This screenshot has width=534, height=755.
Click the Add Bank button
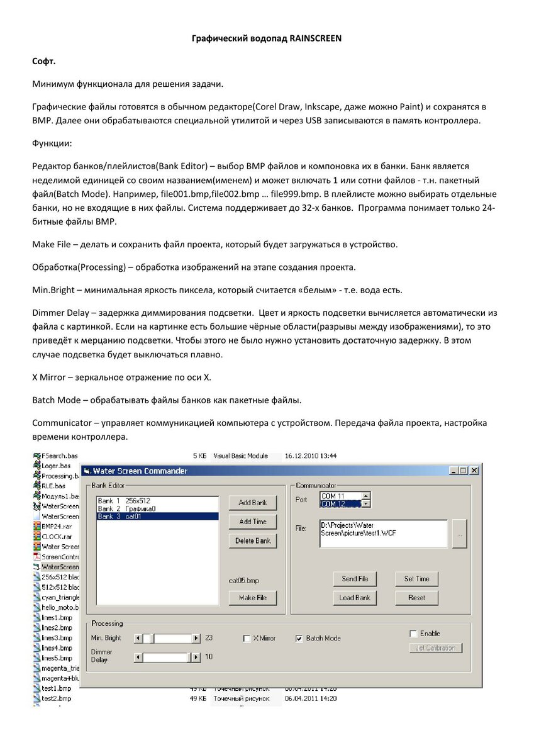pyautogui.click(x=253, y=503)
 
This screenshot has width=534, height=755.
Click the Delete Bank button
pyautogui.click(x=253, y=540)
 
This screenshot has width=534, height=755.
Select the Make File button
pyautogui.click(x=253, y=598)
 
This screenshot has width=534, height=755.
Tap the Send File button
pyautogui.click(x=355, y=579)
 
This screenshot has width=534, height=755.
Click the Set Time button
pyautogui.click(x=416, y=579)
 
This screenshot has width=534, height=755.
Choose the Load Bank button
pyautogui.click(x=355, y=598)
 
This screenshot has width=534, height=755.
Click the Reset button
pyautogui.click(x=416, y=598)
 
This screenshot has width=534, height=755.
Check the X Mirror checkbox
pyautogui.click(x=247, y=639)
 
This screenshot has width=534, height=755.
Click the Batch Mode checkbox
pyautogui.click(x=299, y=639)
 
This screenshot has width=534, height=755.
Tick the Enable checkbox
pyautogui.click(x=413, y=634)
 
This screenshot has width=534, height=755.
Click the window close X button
pyautogui.click(x=474, y=471)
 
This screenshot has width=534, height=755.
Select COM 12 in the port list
pyautogui.click(x=340, y=504)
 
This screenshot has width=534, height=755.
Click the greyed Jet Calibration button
pyautogui.click(x=435, y=647)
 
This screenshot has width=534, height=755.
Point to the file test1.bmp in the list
pyautogui.click(x=56, y=689)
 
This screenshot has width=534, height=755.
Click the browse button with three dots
pyautogui.click(x=459, y=534)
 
